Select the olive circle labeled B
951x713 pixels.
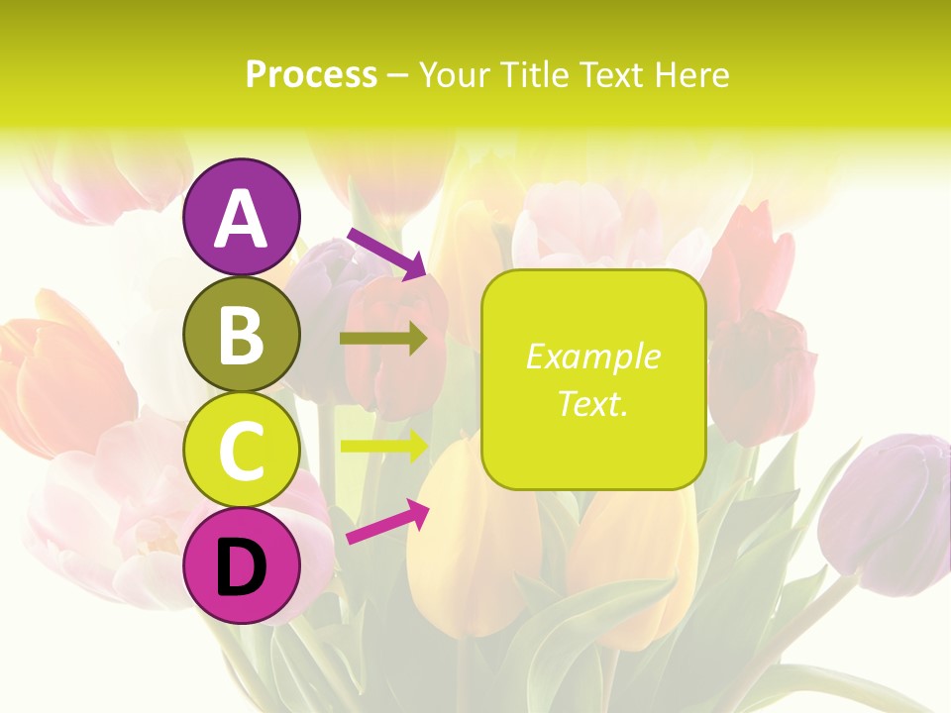point(242,334)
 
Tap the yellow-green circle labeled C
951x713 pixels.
point(242,450)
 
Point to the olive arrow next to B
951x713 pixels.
point(384,339)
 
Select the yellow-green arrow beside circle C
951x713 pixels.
point(384,446)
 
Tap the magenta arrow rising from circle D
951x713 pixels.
point(387,522)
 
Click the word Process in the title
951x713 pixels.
point(311,74)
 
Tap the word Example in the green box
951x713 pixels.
point(592,356)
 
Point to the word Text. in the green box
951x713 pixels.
point(592,403)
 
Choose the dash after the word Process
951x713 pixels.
point(398,76)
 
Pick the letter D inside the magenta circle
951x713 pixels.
point(242,568)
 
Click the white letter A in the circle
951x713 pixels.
point(242,220)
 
